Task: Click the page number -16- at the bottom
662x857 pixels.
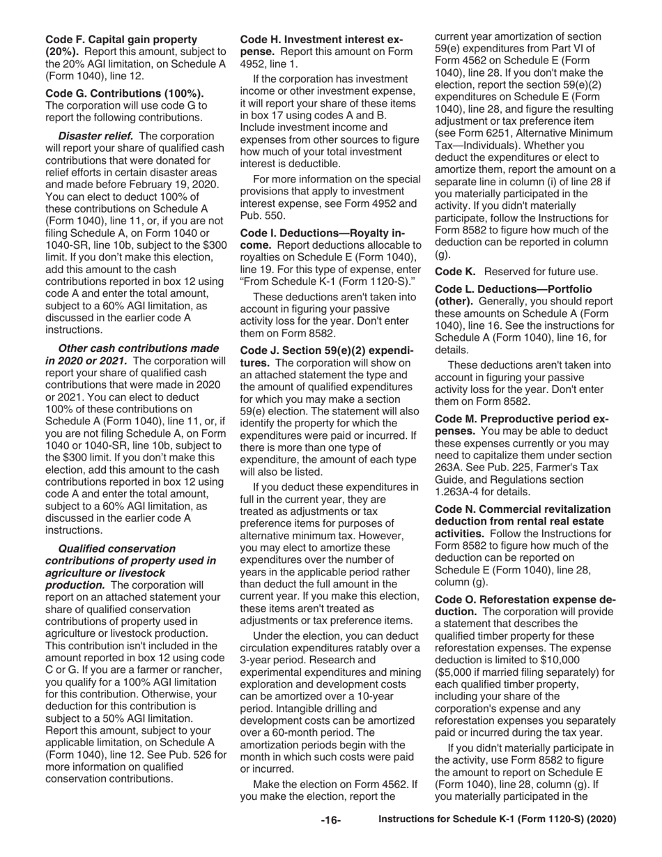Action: click(x=330, y=820)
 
